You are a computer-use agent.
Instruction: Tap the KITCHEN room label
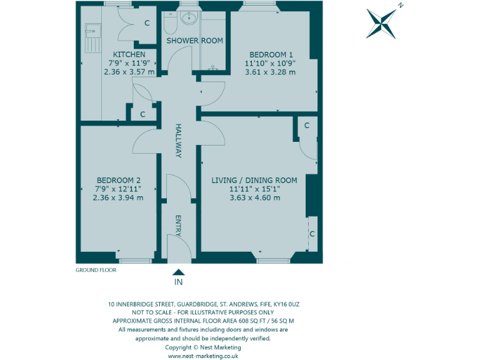pyautogui.click(x=129, y=54)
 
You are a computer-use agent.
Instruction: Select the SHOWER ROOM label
pyautogui.click(x=194, y=41)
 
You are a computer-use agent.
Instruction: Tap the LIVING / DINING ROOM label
pyautogui.click(x=254, y=180)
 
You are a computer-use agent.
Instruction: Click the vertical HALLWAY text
pyautogui.click(x=178, y=140)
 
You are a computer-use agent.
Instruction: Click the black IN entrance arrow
pyautogui.click(x=178, y=272)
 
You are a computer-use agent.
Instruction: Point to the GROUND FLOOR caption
pyautogui.click(x=96, y=270)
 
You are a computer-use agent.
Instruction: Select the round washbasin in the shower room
pyautogui.click(x=189, y=17)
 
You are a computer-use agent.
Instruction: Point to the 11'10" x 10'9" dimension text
pyautogui.click(x=269, y=63)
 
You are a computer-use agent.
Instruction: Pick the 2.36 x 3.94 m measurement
pyautogui.click(x=117, y=197)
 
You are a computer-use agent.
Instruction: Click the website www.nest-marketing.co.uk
pyautogui.click(x=203, y=356)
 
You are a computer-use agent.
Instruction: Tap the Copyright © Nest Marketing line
pyautogui.click(x=202, y=347)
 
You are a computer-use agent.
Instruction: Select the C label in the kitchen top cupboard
pyautogui.click(x=147, y=23)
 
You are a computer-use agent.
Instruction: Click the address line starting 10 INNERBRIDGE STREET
pyautogui.click(x=203, y=304)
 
